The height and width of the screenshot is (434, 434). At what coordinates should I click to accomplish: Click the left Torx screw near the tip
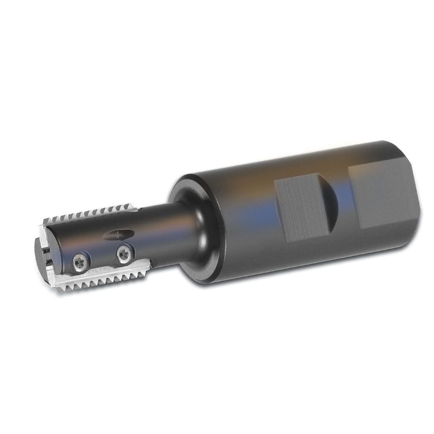80,262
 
